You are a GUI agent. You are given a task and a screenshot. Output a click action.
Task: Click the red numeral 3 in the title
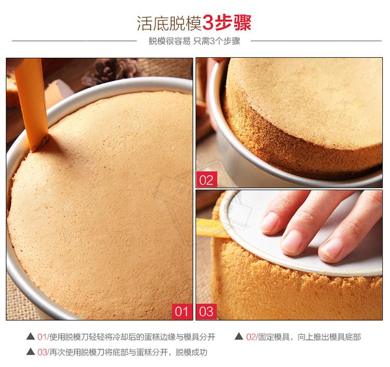tap(208, 23)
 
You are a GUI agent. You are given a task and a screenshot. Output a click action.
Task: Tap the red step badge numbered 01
tap(182, 311)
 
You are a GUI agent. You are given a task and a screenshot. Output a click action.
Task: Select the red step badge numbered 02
tap(206, 179)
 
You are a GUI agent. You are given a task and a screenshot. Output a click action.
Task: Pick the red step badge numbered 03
tap(206, 311)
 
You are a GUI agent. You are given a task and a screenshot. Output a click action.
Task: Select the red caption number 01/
tap(43, 337)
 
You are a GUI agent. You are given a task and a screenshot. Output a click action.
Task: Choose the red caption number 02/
tap(252, 337)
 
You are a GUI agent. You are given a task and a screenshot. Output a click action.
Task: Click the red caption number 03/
tap(43, 352)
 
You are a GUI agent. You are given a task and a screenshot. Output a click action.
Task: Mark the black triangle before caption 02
tap(239, 336)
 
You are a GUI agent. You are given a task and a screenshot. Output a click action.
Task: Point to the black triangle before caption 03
tap(30, 351)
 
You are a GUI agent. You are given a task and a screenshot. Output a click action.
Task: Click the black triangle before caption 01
tap(30, 336)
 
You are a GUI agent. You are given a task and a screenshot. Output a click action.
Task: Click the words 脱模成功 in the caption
tap(191, 352)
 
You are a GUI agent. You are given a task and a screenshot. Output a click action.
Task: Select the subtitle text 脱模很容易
tap(170, 41)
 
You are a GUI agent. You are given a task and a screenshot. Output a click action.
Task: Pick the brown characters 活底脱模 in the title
tap(169, 23)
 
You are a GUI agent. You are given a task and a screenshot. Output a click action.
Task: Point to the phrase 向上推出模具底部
tap(329, 337)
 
